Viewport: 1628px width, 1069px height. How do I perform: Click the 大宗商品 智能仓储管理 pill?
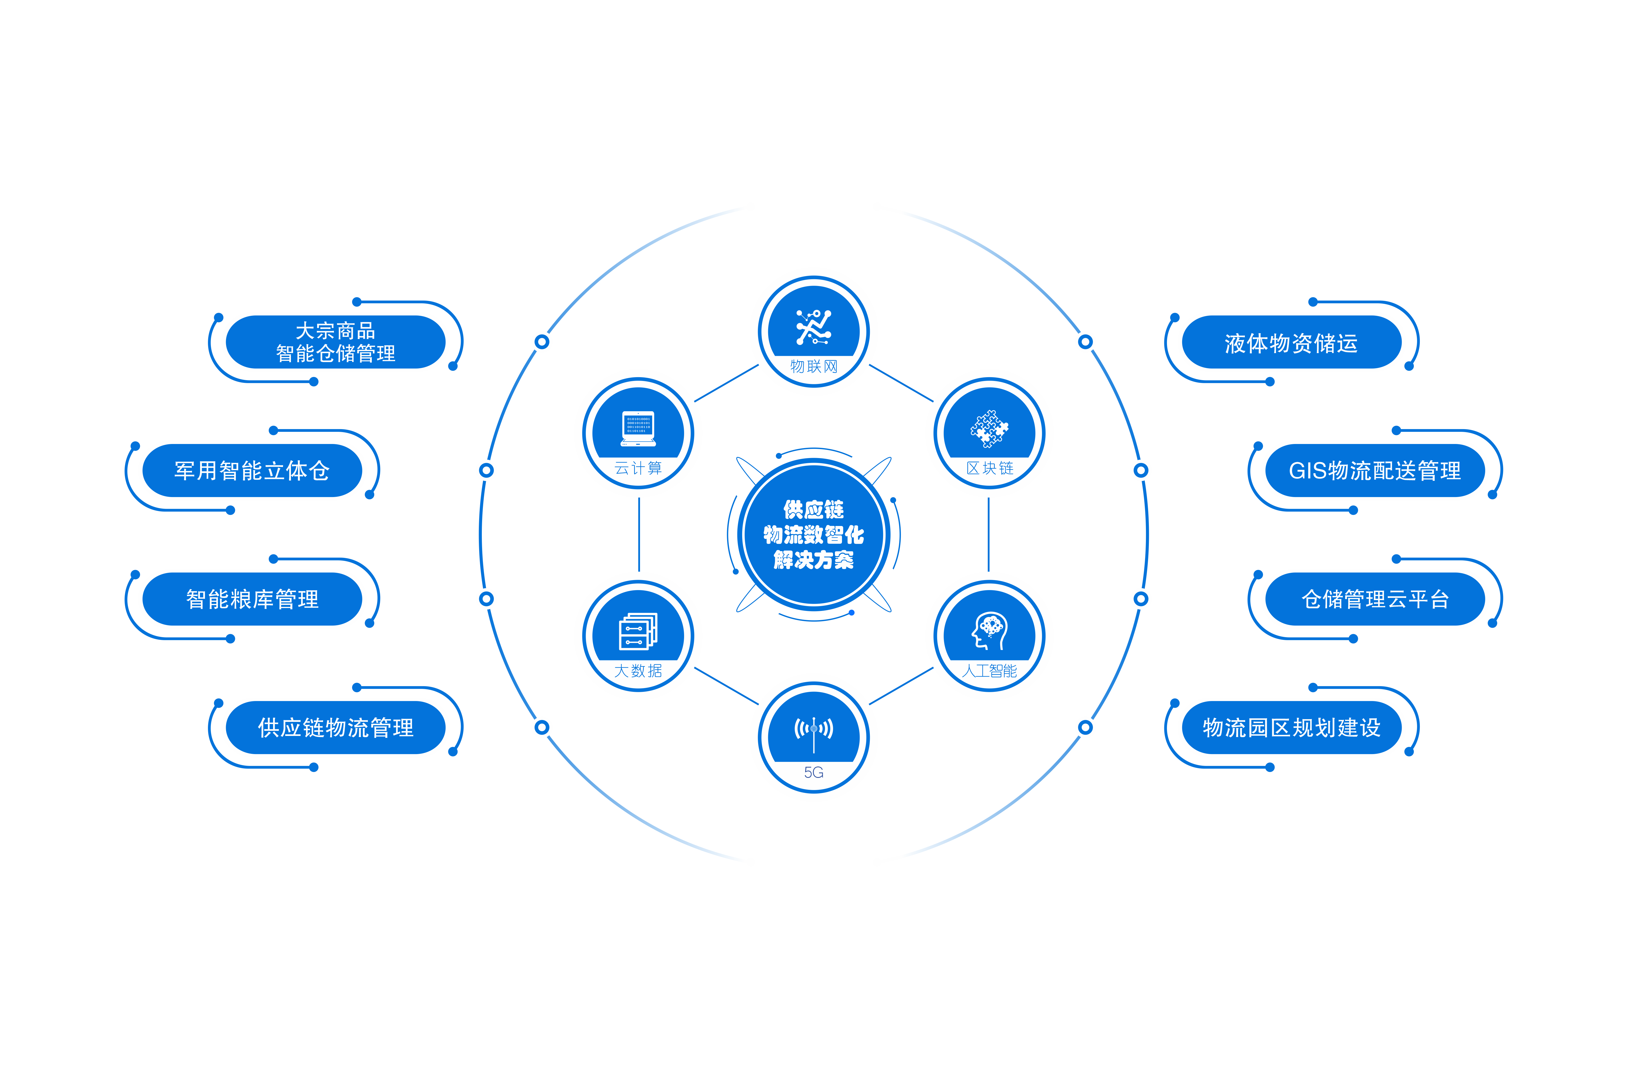pyautogui.click(x=335, y=342)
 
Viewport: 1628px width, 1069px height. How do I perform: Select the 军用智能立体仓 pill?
pyautogui.click(x=252, y=471)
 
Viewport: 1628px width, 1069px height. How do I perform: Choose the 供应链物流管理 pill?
pyautogui.click(x=335, y=728)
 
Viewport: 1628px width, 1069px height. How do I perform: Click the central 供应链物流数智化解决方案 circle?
pyautogui.click(x=813, y=535)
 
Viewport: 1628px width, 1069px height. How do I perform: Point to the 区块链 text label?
pyautogui.click(x=989, y=468)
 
